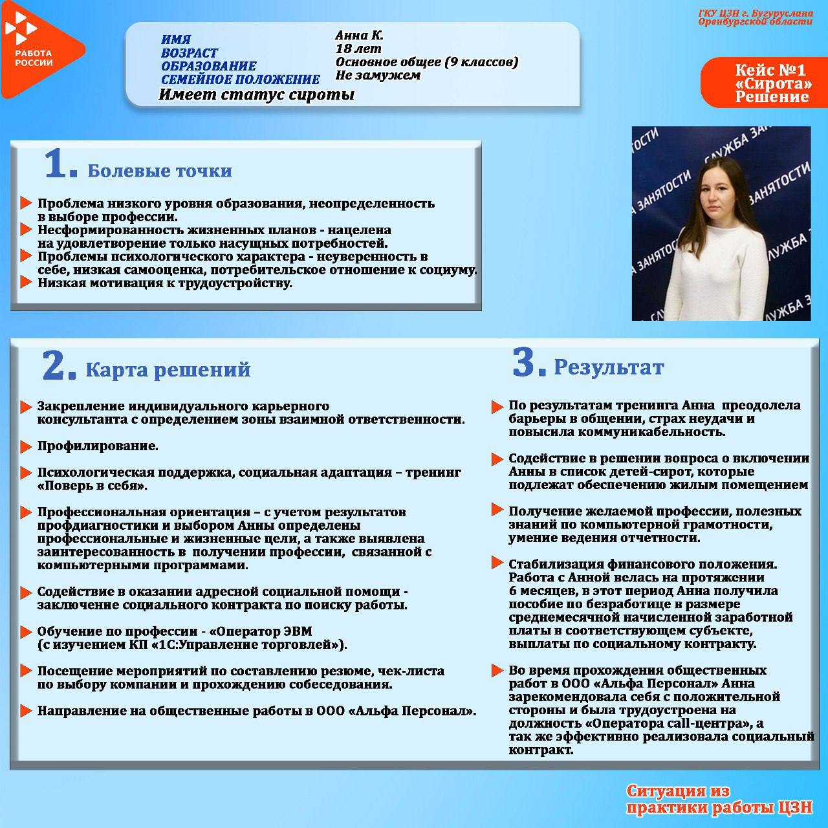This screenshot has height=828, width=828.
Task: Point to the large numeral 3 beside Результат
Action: click(x=528, y=363)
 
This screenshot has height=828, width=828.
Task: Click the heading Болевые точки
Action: click(x=160, y=171)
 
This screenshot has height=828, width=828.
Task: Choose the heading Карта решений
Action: click(x=168, y=370)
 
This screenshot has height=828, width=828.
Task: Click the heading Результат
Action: click(x=609, y=367)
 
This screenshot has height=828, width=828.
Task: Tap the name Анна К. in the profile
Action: click(x=359, y=36)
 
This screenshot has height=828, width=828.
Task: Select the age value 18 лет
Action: click(x=358, y=49)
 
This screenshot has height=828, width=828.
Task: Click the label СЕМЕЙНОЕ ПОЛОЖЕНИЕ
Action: click(x=240, y=80)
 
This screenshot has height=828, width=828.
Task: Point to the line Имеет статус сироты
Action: click(x=257, y=95)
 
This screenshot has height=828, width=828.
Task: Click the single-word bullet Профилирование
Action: click(x=98, y=446)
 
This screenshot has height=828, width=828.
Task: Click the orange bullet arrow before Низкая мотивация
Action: click(x=26, y=282)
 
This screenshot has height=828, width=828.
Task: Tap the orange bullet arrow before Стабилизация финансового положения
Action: click(x=497, y=562)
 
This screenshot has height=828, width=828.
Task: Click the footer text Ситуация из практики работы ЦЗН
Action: click(x=718, y=799)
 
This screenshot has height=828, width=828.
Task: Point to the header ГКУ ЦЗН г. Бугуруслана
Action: click(x=755, y=14)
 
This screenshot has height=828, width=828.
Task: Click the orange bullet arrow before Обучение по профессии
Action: click(x=26, y=631)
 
